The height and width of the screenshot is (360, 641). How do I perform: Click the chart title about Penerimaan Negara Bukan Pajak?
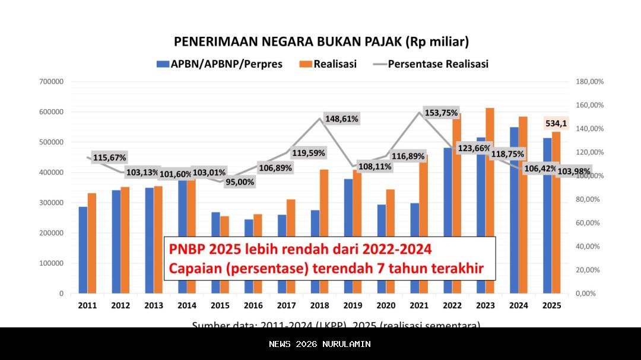321,42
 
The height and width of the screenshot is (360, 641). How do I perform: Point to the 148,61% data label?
342,119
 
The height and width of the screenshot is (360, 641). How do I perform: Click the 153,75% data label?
441,113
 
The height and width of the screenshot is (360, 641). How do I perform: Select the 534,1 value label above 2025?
556,123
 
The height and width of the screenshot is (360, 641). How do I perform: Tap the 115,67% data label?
109,158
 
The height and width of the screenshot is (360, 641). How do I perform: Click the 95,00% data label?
240,181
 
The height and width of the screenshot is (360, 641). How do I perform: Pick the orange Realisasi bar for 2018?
324,231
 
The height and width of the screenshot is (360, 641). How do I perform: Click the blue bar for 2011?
83,250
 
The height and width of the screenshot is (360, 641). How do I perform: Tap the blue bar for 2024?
514,210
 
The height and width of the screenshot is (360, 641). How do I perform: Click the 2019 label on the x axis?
353,305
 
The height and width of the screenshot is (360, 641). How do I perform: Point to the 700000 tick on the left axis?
51,82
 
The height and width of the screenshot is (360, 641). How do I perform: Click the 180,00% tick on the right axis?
589,82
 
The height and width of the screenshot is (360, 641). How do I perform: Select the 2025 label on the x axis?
552,305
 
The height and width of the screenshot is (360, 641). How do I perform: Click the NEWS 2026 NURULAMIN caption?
320,344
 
